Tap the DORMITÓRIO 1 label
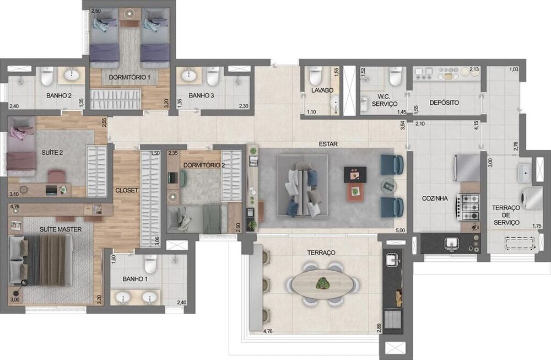click(x=130, y=77)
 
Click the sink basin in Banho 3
click(x=190, y=74)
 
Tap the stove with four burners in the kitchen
click(x=469, y=206)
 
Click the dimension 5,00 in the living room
click(x=400, y=230)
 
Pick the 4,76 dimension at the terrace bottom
click(x=268, y=331)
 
